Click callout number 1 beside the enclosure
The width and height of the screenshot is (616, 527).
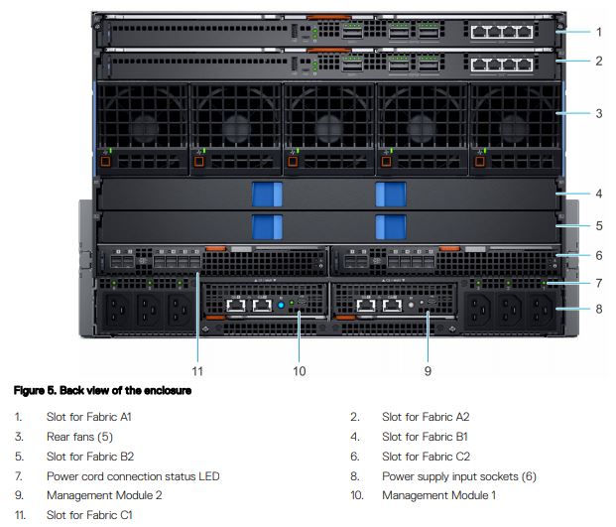(x=599, y=32)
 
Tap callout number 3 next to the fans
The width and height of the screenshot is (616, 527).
(x=599, y=113)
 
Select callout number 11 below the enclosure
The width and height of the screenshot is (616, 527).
(x=197, y=371)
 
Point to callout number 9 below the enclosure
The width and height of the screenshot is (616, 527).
(x=428, y=371)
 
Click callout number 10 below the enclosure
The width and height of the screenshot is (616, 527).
(x=299, y=371)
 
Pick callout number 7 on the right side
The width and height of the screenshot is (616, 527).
(x=599, y=283)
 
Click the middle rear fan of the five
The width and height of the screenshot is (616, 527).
(x=328, y=128)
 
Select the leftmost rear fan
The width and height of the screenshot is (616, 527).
(x=142, y=128)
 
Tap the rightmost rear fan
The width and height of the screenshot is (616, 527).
(x=515, y=128)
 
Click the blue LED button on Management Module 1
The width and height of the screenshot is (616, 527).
(x=281, y=305)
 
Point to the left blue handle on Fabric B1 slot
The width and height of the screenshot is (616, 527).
(x=267, y=195)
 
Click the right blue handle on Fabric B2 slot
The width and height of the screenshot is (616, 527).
(x=391, y=226)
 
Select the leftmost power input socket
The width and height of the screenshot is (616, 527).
(x=117, y=310)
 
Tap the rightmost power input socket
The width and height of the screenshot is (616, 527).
(x=541, y=310)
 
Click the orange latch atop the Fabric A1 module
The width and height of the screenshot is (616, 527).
(x=328, y=17)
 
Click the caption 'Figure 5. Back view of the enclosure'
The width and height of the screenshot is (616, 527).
(x=102, y=391)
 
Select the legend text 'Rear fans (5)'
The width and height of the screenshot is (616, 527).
(x=79, y=437)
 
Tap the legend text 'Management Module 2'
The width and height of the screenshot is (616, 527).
(x=104, y=495)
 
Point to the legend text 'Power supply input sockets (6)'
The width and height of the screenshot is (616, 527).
(x=459, y=476)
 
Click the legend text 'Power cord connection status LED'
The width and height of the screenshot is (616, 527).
(x=133, y=476)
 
